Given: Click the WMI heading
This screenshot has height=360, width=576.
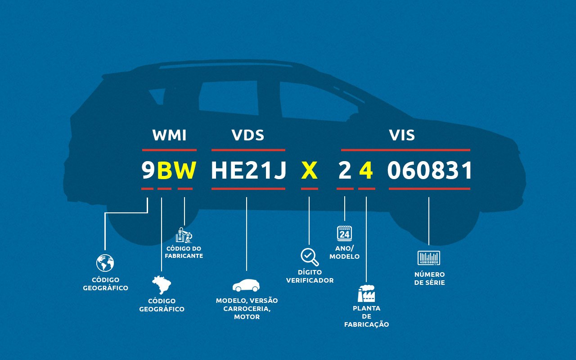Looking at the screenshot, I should (169, 135).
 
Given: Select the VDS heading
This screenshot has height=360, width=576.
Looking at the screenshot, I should (247, 135).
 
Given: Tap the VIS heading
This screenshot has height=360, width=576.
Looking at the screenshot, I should (402, 135).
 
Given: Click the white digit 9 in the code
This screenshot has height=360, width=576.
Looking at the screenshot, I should (148, 171).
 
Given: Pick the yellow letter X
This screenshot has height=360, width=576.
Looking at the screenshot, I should (309, 171).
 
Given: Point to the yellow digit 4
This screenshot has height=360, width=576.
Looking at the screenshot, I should (366, 171).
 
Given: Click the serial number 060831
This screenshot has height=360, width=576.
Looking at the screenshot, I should (430, 171).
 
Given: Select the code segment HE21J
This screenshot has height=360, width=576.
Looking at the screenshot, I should (248, 171).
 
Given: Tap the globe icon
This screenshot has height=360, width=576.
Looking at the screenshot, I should (105, 263).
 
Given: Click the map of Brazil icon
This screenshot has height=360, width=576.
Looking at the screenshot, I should (162, 285).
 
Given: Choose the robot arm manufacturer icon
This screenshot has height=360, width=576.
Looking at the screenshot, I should (184, 235).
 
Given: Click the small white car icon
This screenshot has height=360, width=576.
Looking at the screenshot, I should (246, 285).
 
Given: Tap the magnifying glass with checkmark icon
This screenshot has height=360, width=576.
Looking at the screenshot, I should (309, 257).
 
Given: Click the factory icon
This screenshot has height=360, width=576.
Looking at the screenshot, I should (366, 293).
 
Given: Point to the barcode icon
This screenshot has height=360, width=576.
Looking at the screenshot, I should (429, 258).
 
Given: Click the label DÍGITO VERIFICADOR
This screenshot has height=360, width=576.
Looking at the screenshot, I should (310, 276).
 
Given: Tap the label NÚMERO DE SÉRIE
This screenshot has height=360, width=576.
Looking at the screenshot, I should (429, 279).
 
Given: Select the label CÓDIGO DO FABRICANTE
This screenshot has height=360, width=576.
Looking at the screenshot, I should (184, 252).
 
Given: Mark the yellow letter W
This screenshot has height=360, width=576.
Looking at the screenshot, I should (185, 171).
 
